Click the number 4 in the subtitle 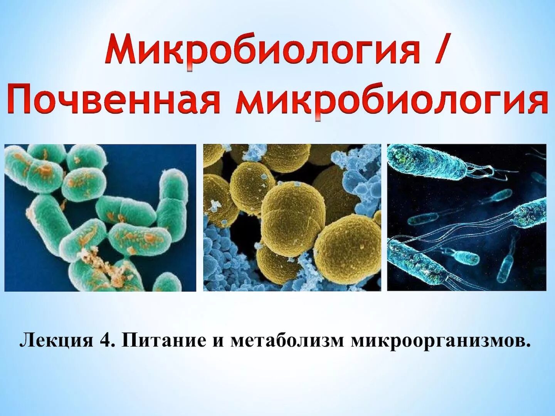point(105,341)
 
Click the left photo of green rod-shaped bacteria point(100,218)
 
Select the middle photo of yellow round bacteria point(292,218)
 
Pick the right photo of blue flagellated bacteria point(467,218)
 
